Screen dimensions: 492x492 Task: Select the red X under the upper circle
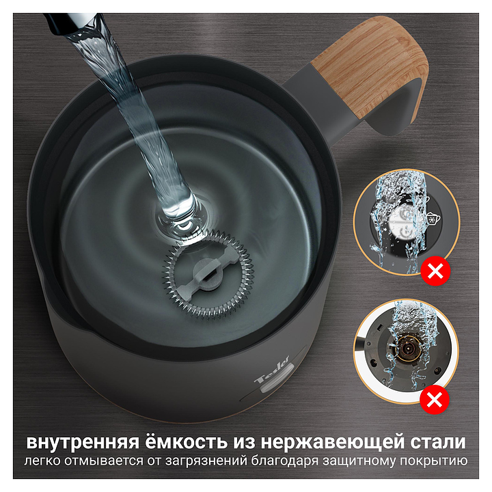point(435,271)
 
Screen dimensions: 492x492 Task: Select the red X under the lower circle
point(435,400)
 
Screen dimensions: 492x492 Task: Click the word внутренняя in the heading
point(83,442)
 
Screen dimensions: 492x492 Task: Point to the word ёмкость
point(186,441)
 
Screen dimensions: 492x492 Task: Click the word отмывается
point(104,461)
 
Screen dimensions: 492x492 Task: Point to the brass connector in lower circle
point(408,348)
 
